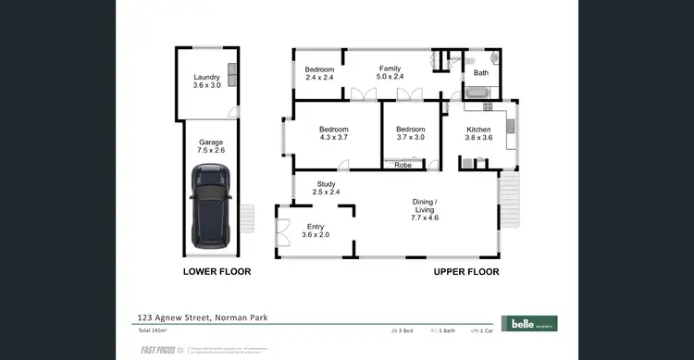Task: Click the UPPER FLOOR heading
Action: pyautogui.click(x=466, y=272)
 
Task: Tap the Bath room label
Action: pyautogui.click(x=481, y=72)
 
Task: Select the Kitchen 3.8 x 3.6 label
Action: pyautogui.click(x=478, y=133)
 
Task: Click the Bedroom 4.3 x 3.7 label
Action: pyautogui.click(x=333, y=133)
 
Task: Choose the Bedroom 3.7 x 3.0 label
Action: pyautogui.click(x=410, y=133)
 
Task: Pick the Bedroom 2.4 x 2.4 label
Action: pyautogui.click(x=319, y=72)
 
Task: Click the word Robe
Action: pyautogui.click(x=403, y=166)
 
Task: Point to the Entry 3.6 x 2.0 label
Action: pyautogui.click(x=316, y=230)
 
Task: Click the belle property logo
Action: pyautogui.click(x=528, y=323)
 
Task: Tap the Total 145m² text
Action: pyautogui.click(x=152, y=329)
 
